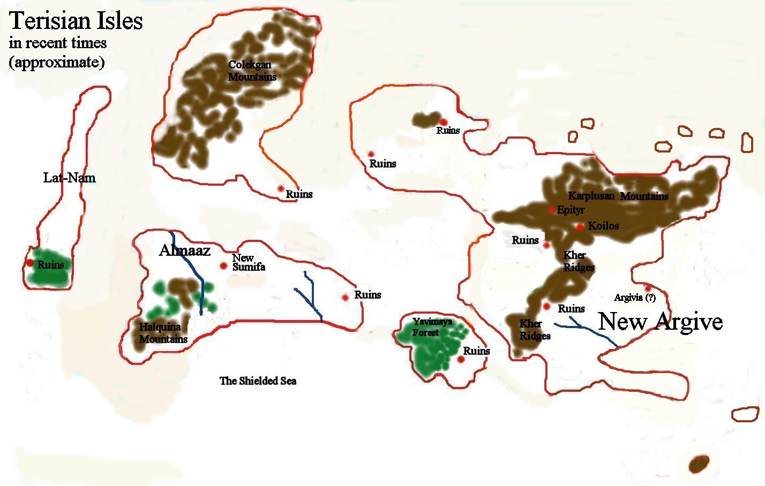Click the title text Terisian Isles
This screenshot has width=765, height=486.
[x=76, y=21]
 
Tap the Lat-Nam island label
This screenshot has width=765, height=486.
[x=69, y=178]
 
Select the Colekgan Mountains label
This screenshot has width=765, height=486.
[x=252, y=71]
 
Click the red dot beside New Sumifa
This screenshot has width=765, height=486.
[x=223, y=265]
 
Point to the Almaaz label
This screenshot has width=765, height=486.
[x=184, y=250]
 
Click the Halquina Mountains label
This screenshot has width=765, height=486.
[x=163, y=333]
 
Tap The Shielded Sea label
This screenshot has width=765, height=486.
[x=258, y=381]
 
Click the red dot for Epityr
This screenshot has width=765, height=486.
[x=552, y=209]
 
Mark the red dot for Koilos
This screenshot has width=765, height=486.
[x=580, y=227]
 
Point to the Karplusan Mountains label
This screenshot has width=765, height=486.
[x=618, y=196]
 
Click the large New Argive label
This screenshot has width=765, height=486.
[x=660, y=322]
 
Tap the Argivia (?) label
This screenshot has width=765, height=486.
[x=635, y=298]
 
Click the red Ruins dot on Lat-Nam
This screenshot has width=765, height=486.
[x=30, y=263]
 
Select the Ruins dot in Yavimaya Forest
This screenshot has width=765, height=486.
[x=461, y=359]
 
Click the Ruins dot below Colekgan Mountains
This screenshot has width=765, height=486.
[x=280, y=188]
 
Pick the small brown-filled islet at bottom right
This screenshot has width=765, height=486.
[x=699, y=464]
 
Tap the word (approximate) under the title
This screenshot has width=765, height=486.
[x=56, y=62]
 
